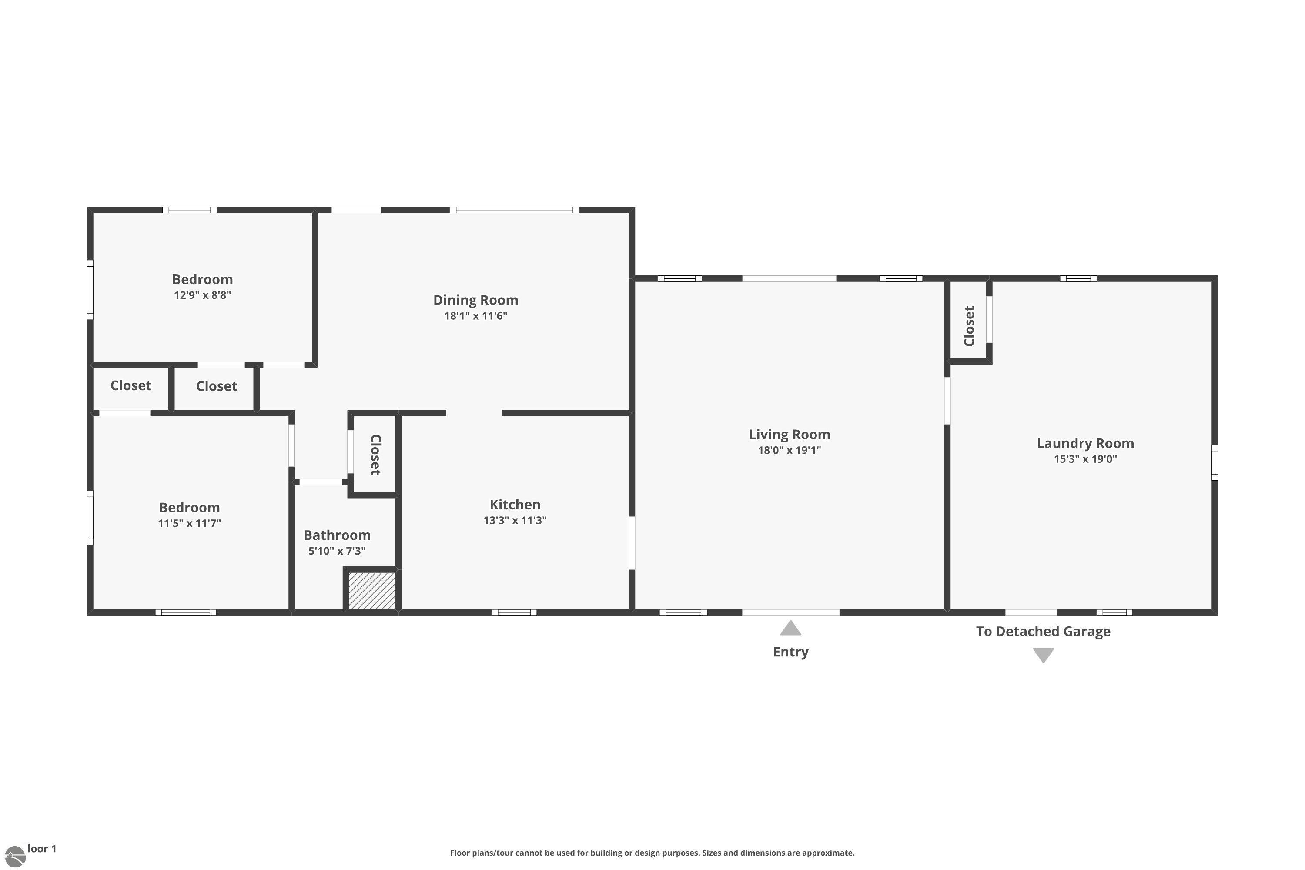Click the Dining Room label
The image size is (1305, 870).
click(x=475, y=300)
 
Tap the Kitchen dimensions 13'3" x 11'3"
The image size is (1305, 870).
click(x=515, y=520)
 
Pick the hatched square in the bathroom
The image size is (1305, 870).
click(x=372, y=591)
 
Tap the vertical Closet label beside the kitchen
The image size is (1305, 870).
click(x=376, y=455)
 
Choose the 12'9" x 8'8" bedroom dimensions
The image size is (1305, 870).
click(x=203, y=295)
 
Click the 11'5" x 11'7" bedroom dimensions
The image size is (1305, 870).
click(x=189, y=523)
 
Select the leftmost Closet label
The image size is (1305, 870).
click(x=130, y=385)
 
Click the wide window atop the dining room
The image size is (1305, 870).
click(x=514, y=210)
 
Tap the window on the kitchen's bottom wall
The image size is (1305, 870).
click(x=514, y=612)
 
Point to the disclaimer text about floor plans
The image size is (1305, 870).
click(x=652, y=853)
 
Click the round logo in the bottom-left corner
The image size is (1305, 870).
click(x=14, y=857)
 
